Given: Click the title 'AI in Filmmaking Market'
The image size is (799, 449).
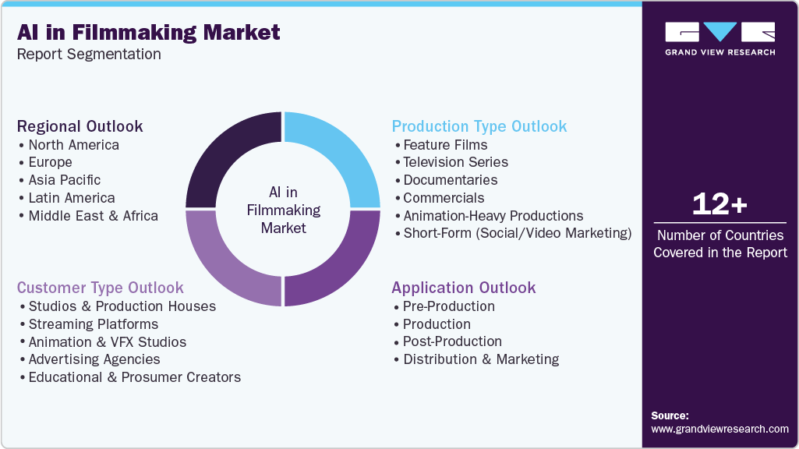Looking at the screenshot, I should point(149,33).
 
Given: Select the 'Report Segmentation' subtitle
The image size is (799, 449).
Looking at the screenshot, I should point(89,55).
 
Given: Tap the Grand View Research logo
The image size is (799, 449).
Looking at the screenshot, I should point(719,38).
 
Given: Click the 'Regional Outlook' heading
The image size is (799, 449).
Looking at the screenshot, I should point(80,126).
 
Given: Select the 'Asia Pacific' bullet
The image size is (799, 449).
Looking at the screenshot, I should point(65,180).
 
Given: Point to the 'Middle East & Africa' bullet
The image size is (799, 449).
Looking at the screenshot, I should point(93,216).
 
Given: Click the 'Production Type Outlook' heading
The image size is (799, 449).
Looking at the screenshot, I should point(479,126).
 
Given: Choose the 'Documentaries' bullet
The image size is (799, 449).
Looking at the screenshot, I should point(450,180).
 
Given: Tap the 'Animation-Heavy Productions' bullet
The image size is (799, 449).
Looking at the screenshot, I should point(493,216).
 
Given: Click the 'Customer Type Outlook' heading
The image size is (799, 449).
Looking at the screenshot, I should point(101,288).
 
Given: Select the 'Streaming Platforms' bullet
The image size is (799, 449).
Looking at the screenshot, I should point(93,324).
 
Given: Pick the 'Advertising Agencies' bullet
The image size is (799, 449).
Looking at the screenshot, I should point(94,359).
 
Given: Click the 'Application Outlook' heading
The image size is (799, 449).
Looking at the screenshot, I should point(464,288).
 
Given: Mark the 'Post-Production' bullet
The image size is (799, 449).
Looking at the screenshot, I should point(452,341).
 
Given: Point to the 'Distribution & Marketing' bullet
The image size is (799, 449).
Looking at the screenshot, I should point(480,359).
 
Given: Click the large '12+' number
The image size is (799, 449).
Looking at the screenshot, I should point(720,205).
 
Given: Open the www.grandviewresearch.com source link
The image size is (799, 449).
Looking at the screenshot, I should point(719,429).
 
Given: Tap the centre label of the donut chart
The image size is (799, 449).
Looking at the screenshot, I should point(284,210).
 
